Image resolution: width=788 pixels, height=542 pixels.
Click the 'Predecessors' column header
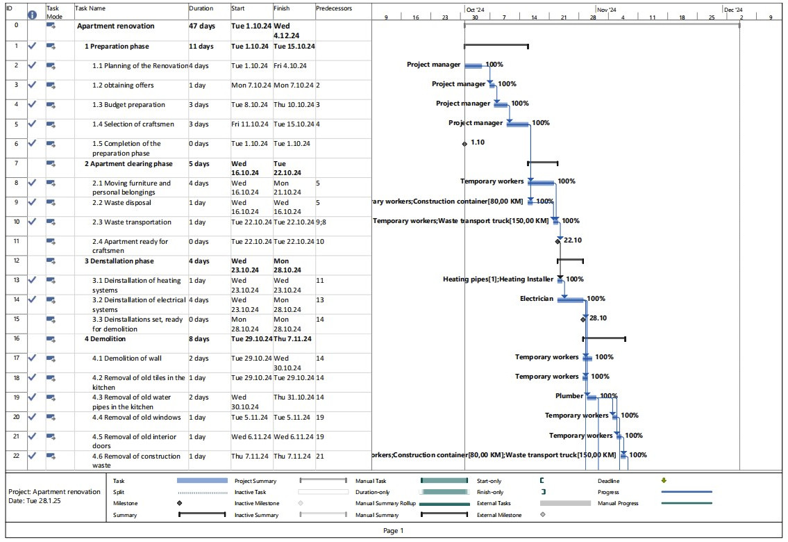click(x=334, y=9)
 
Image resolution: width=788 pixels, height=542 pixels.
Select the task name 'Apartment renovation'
click(x=115, y=26)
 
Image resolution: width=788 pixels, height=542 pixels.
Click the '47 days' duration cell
click(x=201, y=26)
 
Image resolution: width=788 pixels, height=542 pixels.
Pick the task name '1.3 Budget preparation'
click(x=128, y=105)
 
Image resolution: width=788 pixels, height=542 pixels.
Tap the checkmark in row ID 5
click(x=32, y=124)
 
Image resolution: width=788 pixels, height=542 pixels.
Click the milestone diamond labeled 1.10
click(x=464, y=144)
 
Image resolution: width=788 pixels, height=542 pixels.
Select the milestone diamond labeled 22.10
click(x=558, y=242)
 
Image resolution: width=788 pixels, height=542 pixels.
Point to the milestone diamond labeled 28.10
click(x=584, y=319)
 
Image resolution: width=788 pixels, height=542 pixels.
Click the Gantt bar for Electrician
click(x=571, y=299)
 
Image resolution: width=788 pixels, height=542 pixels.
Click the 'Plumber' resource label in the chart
click(x=569, y=396)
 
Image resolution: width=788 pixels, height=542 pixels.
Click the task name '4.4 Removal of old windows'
click(x=136, y=418)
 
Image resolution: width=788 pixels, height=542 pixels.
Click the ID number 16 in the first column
click(x=15, y=339)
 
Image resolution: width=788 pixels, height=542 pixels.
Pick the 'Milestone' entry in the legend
click(x=125, y=503)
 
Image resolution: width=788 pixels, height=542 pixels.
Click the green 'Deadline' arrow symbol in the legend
click(x=663, y=480)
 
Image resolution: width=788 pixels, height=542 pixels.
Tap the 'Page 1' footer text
click(x=393, y=531)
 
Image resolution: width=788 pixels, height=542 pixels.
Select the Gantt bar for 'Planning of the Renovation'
click(x=473, y=66)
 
